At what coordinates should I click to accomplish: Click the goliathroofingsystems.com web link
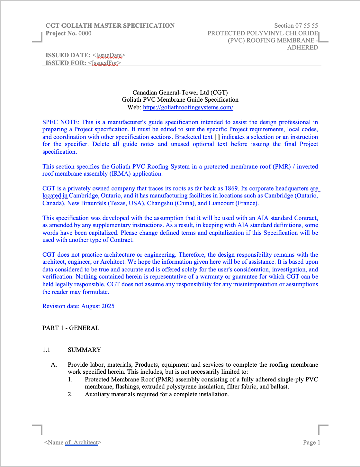(188, 107)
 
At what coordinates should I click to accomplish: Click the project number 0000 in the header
(85, 33)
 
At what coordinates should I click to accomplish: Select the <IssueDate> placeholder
(109, 55)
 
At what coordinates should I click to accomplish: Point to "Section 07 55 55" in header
(296, 26)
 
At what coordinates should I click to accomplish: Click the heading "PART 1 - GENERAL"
(71, 328)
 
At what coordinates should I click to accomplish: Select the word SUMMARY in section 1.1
(84, 350)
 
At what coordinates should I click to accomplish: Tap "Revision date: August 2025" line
(78, 306)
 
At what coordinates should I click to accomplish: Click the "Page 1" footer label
(311, 443)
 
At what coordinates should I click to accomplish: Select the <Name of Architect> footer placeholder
(73, 443)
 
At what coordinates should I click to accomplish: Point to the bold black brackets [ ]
(217, 137)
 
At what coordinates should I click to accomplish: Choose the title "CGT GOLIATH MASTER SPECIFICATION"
(110, 26)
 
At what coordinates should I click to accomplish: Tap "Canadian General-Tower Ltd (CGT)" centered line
(180, 93)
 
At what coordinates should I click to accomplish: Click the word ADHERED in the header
(302, 48)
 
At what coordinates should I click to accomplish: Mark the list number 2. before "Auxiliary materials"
(70, 394)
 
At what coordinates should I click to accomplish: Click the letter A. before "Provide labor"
(54, 365)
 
